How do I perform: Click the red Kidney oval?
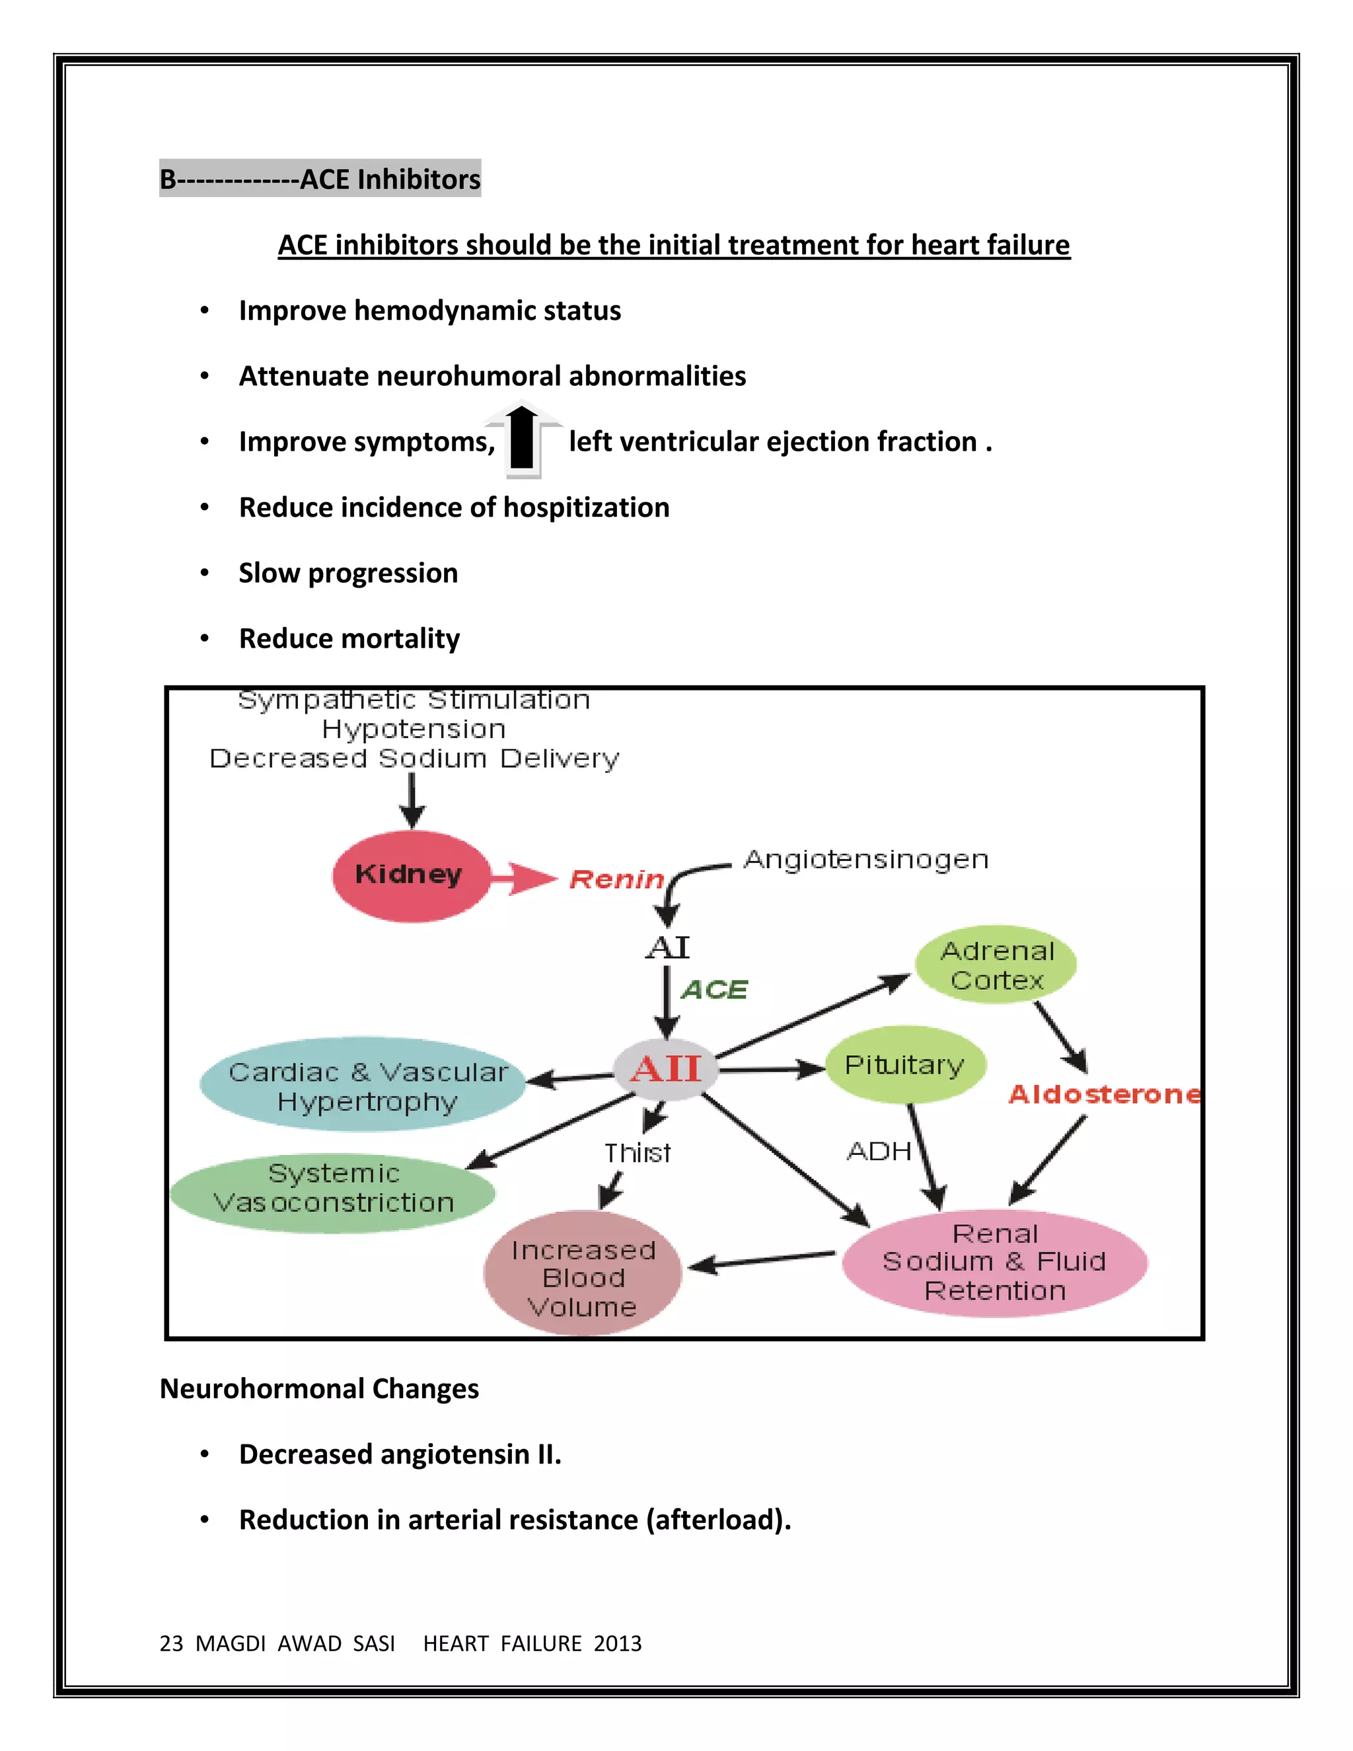[410, 875]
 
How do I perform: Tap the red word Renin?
[616, 879]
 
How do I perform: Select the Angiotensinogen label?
[865, 860]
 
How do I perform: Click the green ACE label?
[714, 990]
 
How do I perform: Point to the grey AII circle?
[665, 1070]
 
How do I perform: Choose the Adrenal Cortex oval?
[996, 965]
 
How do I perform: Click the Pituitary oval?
[905, 1064]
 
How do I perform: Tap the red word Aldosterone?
[1104, 1094]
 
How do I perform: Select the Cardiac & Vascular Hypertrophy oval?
[364, 1086]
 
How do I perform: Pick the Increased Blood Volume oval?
[583, 1277]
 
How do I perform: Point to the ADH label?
[879, 1151]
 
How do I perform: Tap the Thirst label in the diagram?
[638, 1153]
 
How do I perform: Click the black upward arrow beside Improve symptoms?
[523, 439]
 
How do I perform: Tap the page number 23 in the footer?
[170, 1643]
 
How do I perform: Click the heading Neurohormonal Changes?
[319, 1389]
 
